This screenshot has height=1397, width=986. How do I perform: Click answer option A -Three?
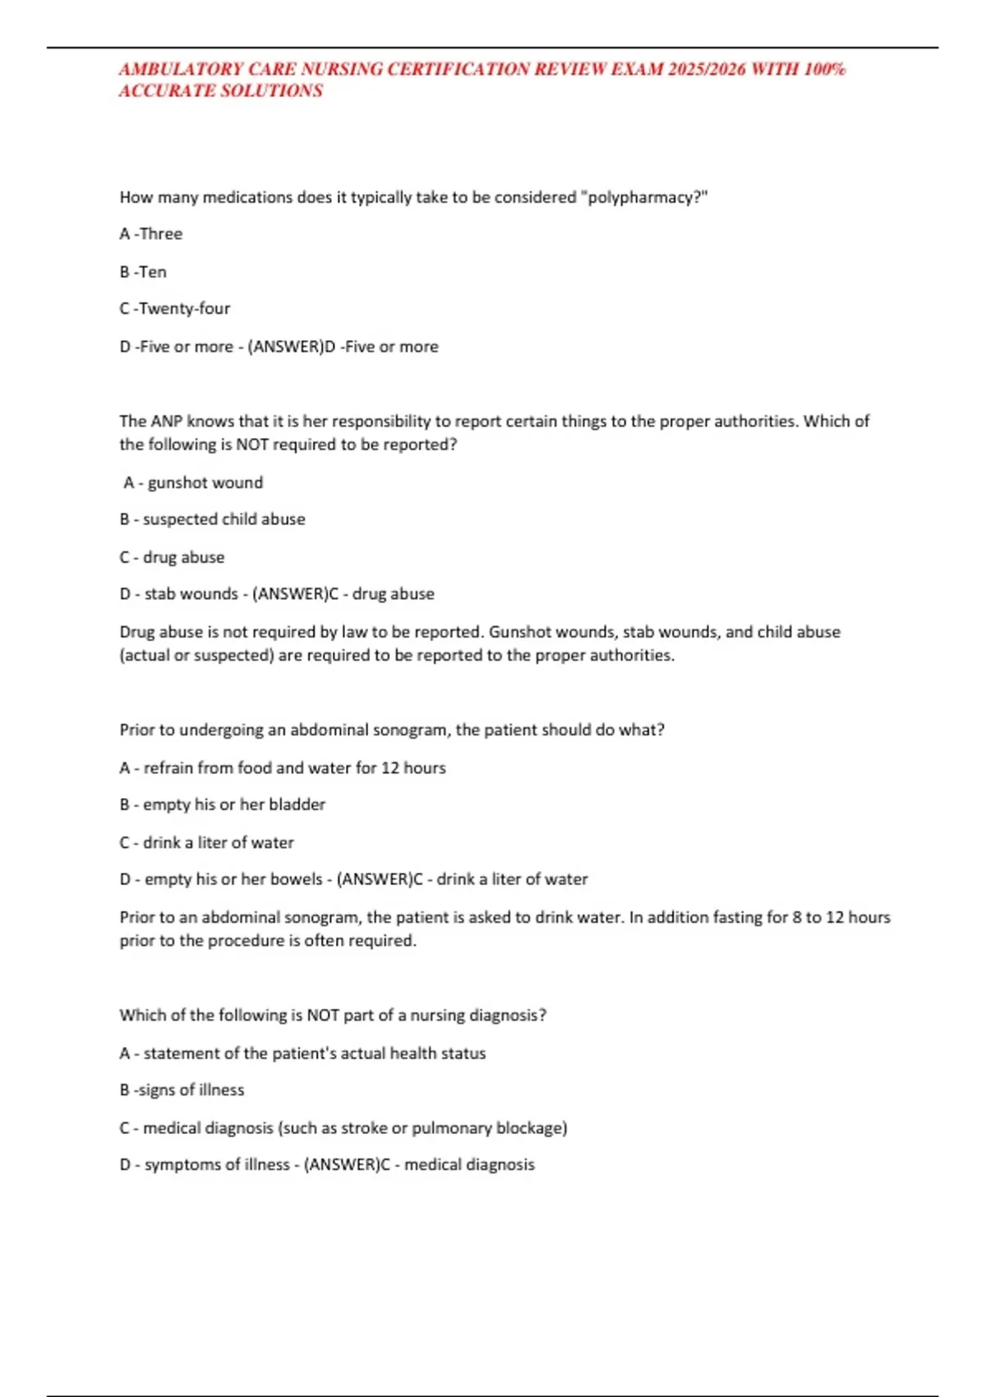point(151,234)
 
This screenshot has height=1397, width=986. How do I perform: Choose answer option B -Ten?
point(143,272)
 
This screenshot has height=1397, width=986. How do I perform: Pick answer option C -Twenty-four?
point(174,309)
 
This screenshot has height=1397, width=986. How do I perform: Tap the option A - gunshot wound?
point(194,483)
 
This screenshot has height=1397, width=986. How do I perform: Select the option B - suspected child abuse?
point(212,519)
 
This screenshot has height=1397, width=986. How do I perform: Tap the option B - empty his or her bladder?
point(222,805)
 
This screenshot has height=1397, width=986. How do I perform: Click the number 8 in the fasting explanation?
point(797,917)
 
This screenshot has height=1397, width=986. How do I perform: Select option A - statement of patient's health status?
point(302,1054)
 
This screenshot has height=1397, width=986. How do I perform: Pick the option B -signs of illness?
point(182,1090)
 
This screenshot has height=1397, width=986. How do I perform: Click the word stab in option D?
point(158,594)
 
